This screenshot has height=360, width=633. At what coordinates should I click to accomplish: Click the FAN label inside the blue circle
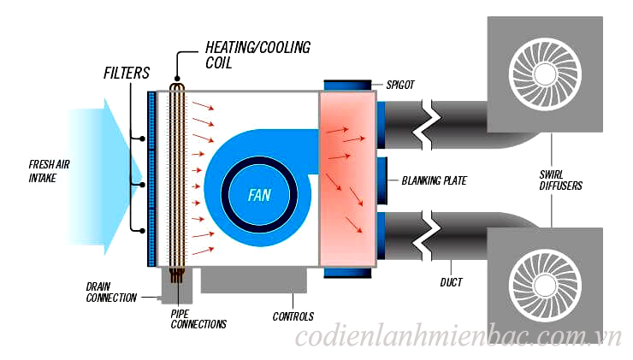pos(258,195)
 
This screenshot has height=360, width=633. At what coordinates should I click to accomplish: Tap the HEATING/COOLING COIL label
pos(257,55)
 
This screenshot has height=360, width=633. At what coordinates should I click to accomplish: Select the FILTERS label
pos(127,74)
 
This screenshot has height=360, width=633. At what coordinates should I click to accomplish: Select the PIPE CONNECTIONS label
pos(198,319)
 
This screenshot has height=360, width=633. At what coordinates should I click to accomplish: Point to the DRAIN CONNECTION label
pos(111,292)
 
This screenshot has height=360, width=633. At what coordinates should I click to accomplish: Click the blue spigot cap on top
pos(347,84)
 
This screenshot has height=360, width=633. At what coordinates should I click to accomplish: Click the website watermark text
pos(458,339)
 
